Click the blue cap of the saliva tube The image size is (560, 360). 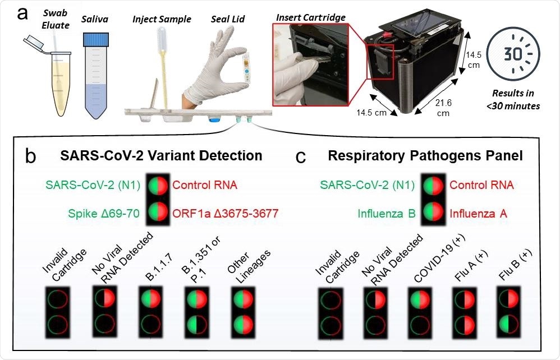(x=94, y=40)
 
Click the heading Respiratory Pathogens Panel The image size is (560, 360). (x=425, y=155)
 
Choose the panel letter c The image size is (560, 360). (x=301, y=157)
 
